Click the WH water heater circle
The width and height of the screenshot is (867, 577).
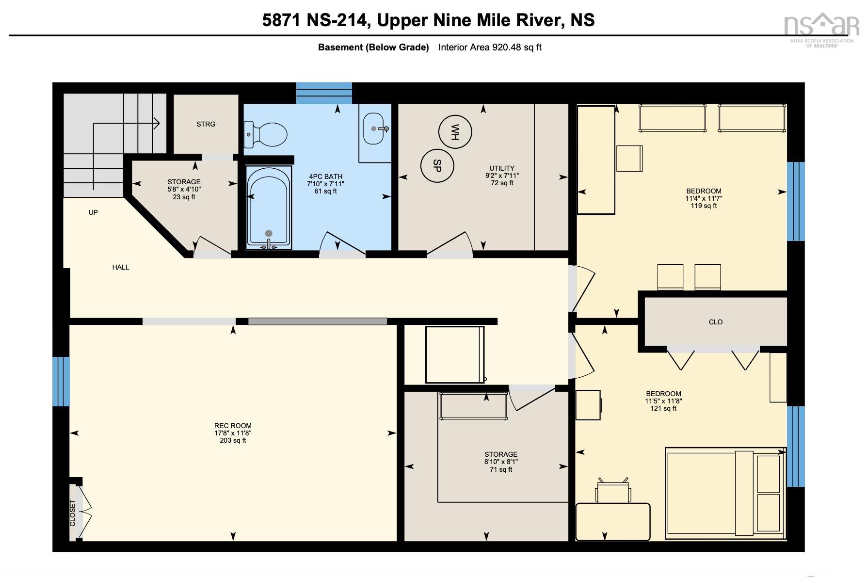pyautogui.click(x=455, y=131)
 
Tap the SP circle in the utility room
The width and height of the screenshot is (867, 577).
pyautogui.click(x=437, y=166)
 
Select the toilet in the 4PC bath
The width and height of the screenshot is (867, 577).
pyautogui.click(x=265, y=134)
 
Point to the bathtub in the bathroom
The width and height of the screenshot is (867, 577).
pyautogui.click(x=269, y=208)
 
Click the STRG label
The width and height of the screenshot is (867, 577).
pyautogui.click(x=206, y=124)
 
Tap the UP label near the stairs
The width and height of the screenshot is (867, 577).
pyautogui.click(x=93, y=212)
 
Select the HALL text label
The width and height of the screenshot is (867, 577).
pyautogui.click(x=121, y=267)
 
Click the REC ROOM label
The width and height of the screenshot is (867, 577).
pyautogui.click(x=233, y=426)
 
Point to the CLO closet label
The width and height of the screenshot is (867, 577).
pyautogui.click(x=716, y=322)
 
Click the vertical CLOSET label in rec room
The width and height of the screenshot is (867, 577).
pyautogui.click(x=73, y=513)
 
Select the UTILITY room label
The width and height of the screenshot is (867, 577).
pyautogui.click(x=502, y=168)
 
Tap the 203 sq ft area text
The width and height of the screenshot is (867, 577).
pyautogui.click(x=233, y=441)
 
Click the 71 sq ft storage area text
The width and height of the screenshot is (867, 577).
pyautogui.click(x=501, y=469)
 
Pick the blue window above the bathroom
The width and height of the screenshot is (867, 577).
pyautogui.click(x=324, y=93)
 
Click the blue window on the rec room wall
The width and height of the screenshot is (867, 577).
pyautogui.click(x=61, y=382)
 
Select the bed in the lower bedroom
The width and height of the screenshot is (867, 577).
pyautogui.click(x=725, y=493)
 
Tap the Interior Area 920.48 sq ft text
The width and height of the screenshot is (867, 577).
pyautogui.click(x=490, y=48)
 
